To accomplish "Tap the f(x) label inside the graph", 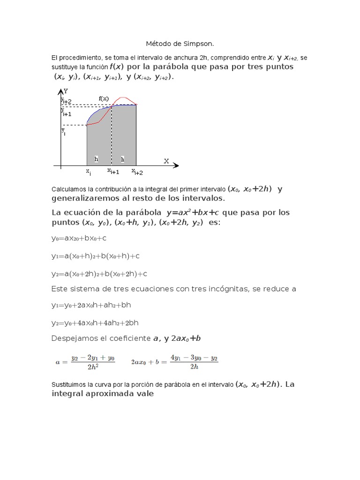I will [104, 98].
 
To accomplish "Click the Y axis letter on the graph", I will [66, 91].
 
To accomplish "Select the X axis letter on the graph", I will [166, 161].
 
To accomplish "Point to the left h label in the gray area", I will [96, 159].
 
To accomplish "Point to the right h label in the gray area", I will [123, 159].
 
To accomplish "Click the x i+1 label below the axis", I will [113, 172].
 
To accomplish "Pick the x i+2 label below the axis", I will [137, 172].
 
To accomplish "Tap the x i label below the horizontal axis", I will [88, 172].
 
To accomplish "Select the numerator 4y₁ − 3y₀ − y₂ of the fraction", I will [195, 357].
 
